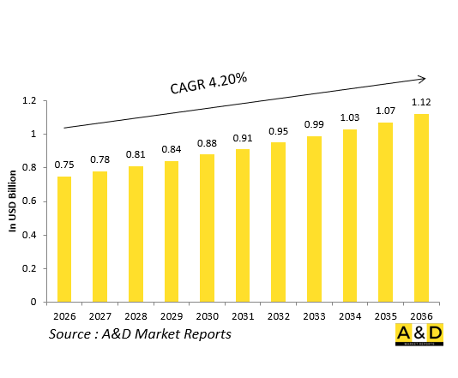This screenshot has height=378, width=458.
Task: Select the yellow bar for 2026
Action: click(64, 238)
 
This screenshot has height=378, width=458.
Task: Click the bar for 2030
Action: click(208, 227)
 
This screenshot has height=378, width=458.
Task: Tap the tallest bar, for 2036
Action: click(420, 207)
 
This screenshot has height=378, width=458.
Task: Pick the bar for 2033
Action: click(314, 219)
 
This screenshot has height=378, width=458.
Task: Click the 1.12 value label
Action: click(421, 102)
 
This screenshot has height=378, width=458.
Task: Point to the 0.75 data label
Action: click(64, 165)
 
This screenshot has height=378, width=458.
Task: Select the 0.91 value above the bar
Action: click(243, 137)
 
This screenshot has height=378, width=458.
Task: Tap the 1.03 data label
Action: click(349, 117)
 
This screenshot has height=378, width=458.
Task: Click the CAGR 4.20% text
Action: click(208, 84)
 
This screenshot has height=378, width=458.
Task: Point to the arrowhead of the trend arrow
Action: click(422, 79)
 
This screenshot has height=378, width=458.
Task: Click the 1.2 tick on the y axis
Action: click(28, 101)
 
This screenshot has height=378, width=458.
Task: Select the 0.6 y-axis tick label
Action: click(28, 201)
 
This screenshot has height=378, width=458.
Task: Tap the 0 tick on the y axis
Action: click(33, 302)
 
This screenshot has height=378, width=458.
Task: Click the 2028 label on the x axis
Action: click(136, 315)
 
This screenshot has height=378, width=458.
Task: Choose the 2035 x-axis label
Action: click(384, 315)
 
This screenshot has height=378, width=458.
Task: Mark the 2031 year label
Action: click(243, 315)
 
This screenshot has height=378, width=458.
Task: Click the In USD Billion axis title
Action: click(13, 201)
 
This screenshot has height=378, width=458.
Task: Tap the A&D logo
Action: click(419, 335)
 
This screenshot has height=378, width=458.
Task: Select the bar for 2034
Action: click(349, 215)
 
